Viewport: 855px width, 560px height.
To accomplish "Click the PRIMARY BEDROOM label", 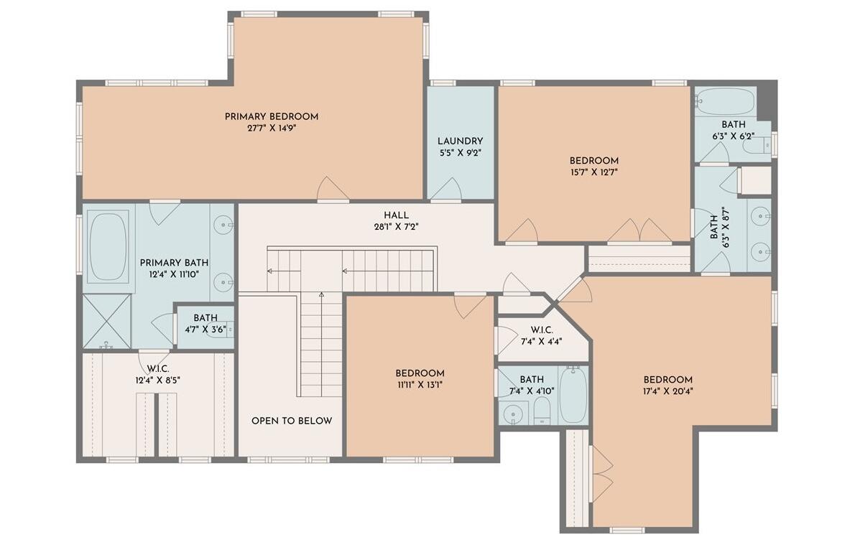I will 271,116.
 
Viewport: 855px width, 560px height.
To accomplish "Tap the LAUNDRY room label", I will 460,141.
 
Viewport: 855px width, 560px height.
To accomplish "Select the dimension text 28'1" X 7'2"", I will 396,226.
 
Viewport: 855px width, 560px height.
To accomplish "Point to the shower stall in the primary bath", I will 106,322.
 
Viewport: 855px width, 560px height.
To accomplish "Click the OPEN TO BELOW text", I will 292,421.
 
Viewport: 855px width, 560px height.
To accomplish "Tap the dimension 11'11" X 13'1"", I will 420,385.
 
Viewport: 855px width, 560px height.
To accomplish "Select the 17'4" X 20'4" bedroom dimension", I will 667,391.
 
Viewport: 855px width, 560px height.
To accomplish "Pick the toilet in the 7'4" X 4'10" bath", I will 542,412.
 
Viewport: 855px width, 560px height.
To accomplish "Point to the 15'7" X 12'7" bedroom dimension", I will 593,172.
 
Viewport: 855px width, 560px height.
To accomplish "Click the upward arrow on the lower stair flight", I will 321,294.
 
